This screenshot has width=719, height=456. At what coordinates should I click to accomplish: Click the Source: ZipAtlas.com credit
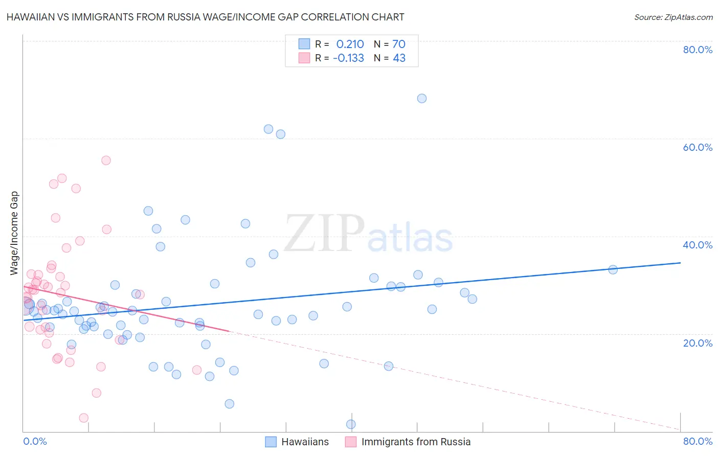pyautogui.click(x=673, y=17)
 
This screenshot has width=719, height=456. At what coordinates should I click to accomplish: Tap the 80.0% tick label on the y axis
pyautogui.click(x=698, y=50)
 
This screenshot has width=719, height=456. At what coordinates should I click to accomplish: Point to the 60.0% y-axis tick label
pyautogui.click(x=698, y=147)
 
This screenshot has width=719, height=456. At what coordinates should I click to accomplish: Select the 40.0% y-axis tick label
pyautogui.click(x=698, y=245)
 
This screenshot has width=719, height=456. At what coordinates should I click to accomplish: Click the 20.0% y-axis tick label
pyautogui.click(x=698, y=343)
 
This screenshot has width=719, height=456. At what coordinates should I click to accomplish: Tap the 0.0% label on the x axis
pyautogui.click(x=35, y=441)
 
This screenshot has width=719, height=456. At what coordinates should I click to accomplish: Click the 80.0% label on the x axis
pyautogui.click(x=698, y=441)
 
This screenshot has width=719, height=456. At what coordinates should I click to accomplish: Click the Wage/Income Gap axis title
pyautogui.click(x=14, y=233)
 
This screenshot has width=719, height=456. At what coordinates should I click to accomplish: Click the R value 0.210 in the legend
pyautogui.click(x=350, y=44)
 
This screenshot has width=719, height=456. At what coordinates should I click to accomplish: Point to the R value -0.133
pyautogui.click(x=348, y=58)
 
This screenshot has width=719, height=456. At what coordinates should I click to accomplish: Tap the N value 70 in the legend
pyautogui.click(x=399, y=44)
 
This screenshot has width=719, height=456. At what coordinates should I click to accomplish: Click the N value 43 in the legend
pyautogui.click(x=399, y=58)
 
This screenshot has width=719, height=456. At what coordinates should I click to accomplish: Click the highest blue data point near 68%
pyautogui.click(x=422, y=99)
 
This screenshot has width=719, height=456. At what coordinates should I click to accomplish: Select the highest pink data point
pyautogui.click(x=106, y=161)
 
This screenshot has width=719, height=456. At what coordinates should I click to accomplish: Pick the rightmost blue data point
pyautogui.click(x=613, y=269)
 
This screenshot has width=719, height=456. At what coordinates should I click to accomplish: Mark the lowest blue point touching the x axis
pyautogui.click(x=351, y=424)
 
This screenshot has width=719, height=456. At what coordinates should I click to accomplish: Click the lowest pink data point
pyautogui.click(x=84, y=418)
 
